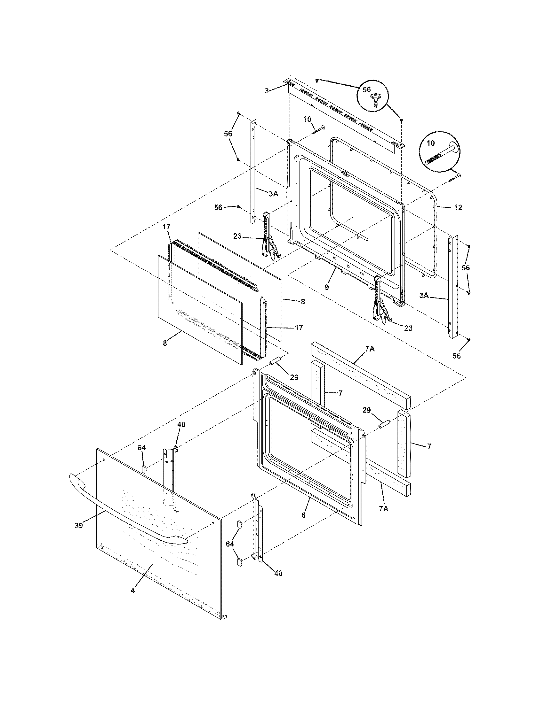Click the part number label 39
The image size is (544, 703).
tap(79, 526)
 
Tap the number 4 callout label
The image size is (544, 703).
tap(133, 590)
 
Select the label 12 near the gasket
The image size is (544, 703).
tap(458, 208)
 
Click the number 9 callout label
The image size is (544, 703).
tap(327, 287)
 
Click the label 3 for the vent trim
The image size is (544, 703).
tap(267, 91)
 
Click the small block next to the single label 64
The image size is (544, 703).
tap(144, 468)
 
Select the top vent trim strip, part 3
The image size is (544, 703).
tap(345, 116)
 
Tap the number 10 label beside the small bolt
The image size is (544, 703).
tap(307, 120)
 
